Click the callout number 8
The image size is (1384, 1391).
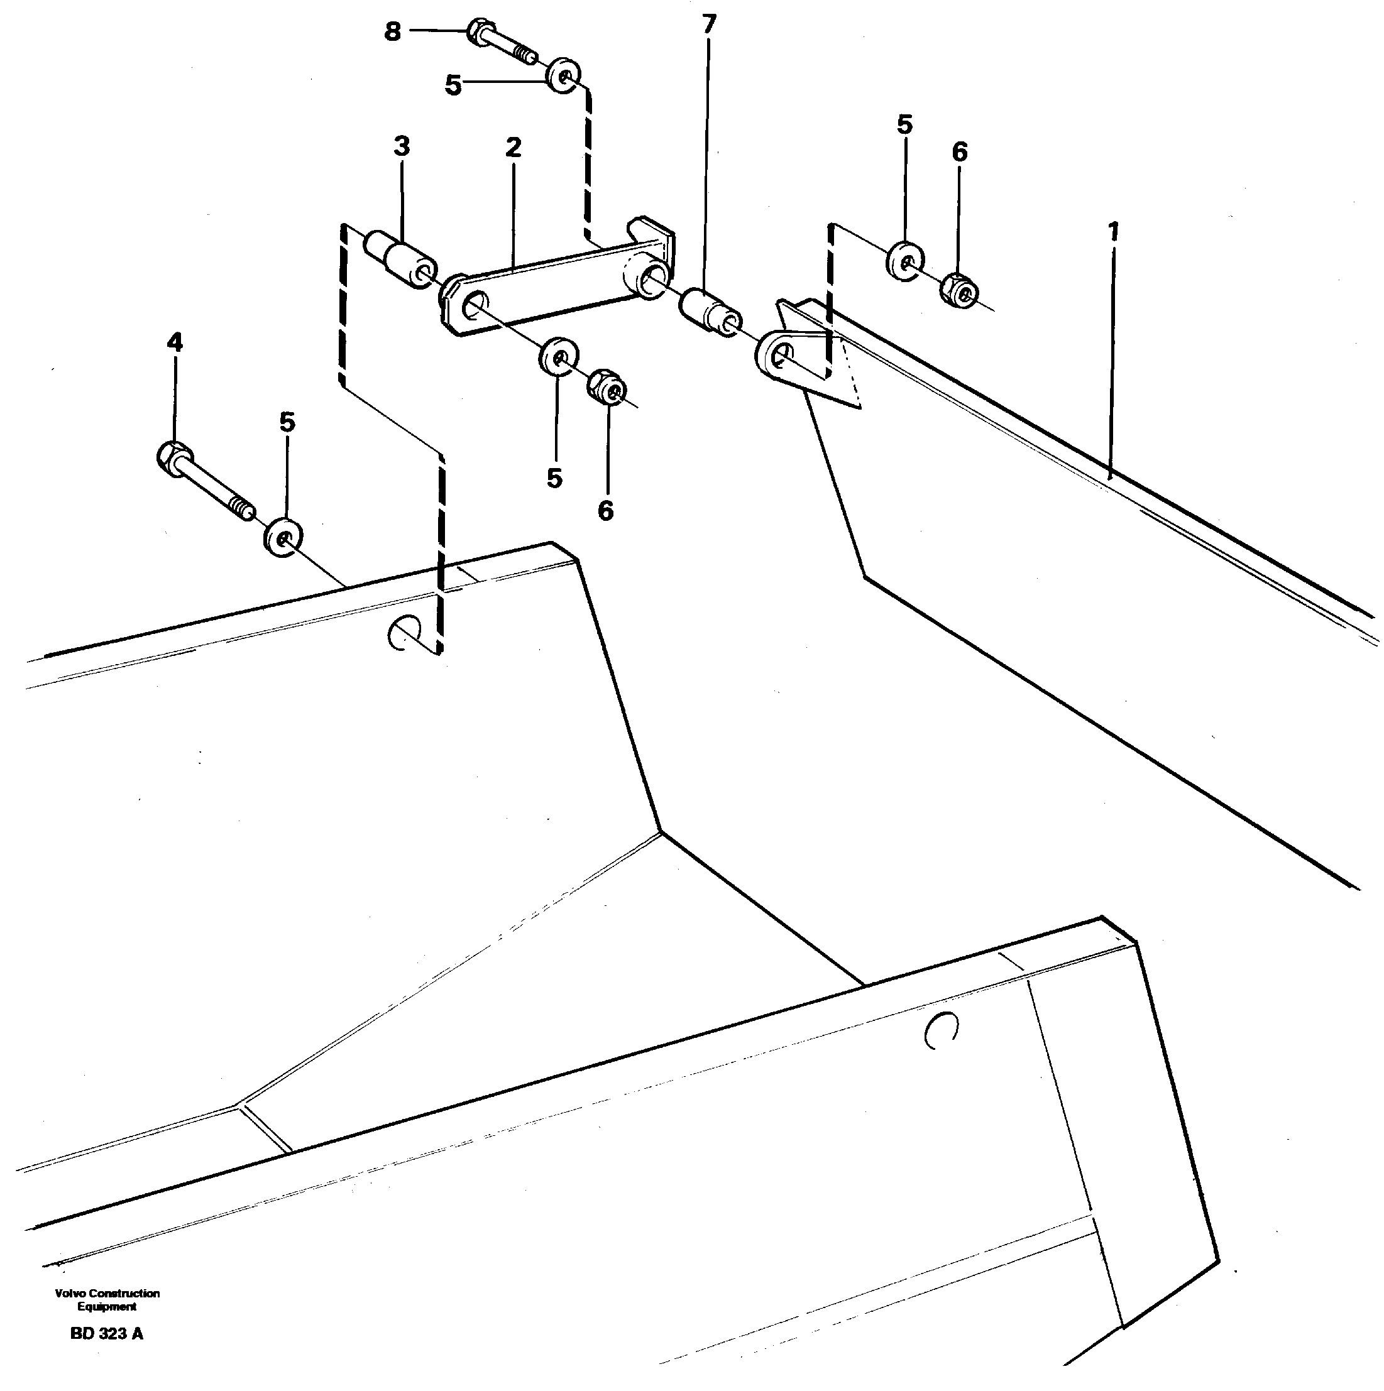(392, 31)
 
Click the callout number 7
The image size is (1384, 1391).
(708, 25)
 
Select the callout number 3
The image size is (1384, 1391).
(401, 146)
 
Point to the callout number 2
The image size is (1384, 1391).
(513, 148)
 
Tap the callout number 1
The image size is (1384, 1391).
(1113, 232)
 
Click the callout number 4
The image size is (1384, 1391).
(174, 342)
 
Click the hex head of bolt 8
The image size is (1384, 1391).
(478, 31)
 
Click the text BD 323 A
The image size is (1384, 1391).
(107, 1333)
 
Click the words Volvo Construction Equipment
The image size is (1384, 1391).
(107, 1299)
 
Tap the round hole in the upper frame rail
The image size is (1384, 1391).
(404, 632)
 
